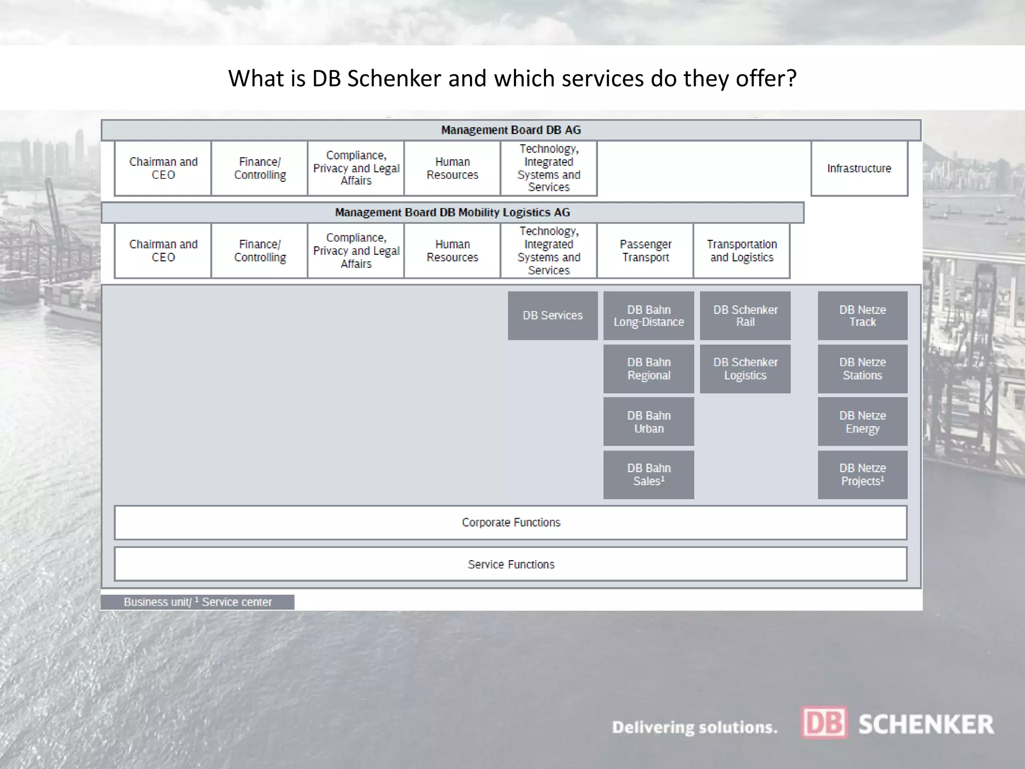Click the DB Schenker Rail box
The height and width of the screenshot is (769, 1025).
point(745,316)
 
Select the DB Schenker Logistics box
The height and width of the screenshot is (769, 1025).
point(745,369)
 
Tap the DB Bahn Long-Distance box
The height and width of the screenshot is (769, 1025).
point(649,316)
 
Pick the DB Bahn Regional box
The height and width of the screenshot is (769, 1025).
point(649,369)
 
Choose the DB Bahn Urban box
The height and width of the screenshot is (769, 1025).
point(649,422)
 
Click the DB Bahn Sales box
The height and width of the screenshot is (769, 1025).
point(649,475)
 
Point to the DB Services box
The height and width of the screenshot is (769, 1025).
point(553,316)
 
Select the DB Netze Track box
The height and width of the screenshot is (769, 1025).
point(862,316)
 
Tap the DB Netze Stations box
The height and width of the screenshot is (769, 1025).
point(862,369)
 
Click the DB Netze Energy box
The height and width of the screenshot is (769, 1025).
point(862,422)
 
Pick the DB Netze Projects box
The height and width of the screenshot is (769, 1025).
point(862,475)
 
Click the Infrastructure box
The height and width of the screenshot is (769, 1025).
point(859,168)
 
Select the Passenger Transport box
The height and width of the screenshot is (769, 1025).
point(645,251)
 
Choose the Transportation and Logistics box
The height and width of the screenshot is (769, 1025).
point(742,251)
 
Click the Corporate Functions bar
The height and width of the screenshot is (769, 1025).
point(510,523)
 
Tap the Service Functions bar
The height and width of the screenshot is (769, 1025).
point(510,564)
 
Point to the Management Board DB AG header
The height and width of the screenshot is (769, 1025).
point(510,130)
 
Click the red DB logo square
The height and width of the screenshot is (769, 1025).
point(824,722)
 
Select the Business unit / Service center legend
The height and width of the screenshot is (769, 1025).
point(198,602)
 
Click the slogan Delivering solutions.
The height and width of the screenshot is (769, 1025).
point(695,727)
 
